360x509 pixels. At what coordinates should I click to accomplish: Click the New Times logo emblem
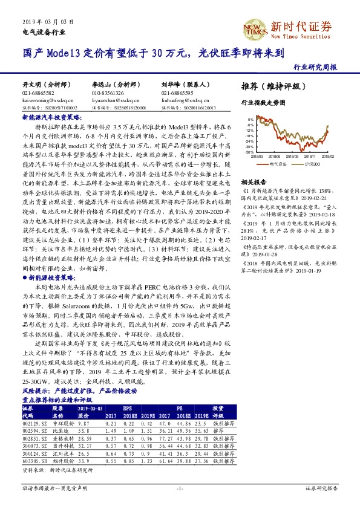coord(256,26)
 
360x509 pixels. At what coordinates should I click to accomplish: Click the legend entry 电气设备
coord(277,163)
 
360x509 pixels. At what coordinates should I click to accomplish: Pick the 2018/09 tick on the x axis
coord(295,156)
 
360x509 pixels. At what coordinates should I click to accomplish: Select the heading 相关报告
coord(254,181)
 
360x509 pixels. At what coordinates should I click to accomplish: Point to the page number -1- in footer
coord(180,487)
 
